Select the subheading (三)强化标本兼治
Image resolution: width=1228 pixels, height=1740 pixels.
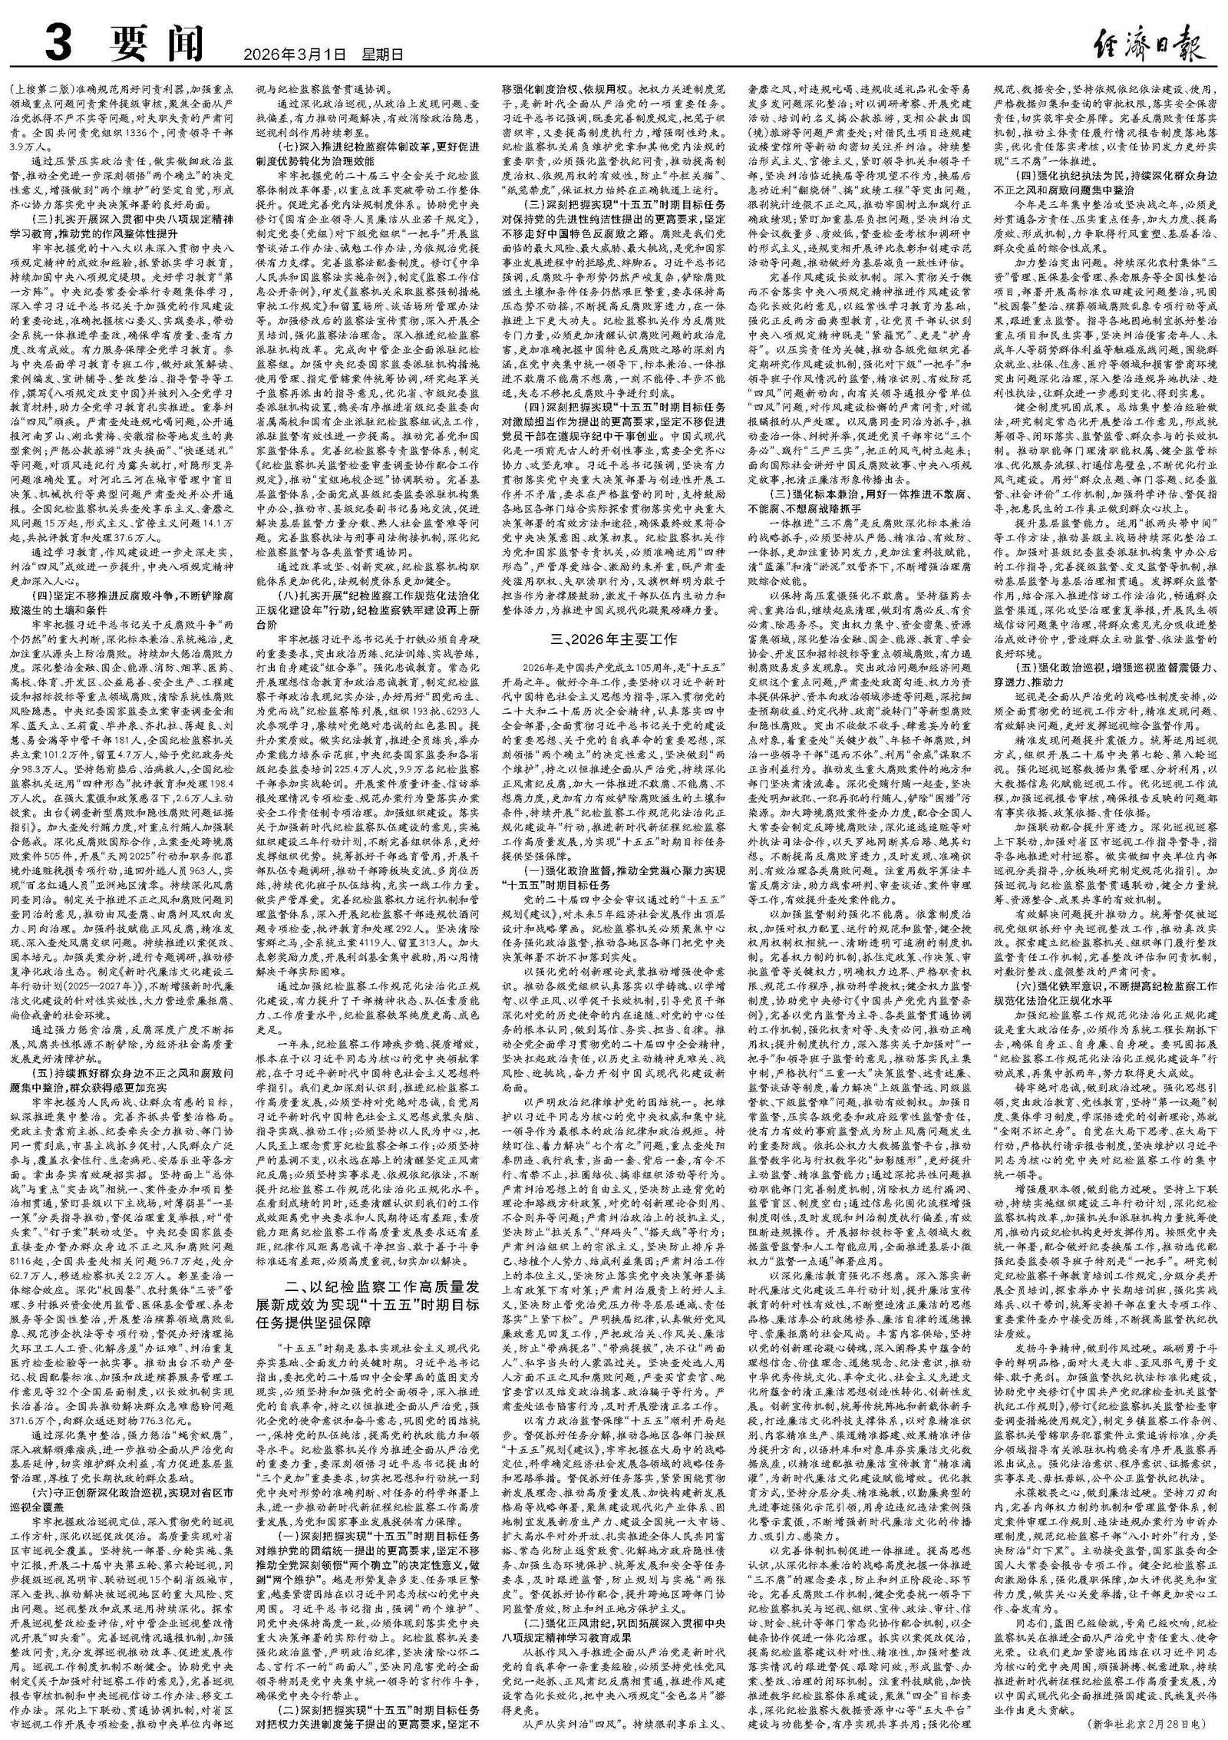point(860,492)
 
